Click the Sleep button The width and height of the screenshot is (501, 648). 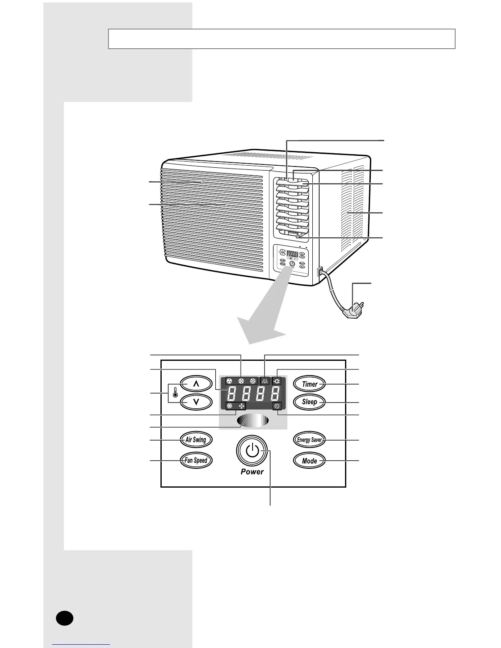point(309,402)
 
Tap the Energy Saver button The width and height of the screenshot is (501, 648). point(309,440)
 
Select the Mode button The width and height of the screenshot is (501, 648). point(309,461)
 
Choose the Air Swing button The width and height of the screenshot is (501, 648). point(196,440)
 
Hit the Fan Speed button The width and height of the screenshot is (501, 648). point(196,460)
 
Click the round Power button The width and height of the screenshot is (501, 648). point(252,451)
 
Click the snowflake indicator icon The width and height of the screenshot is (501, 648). point(230,406)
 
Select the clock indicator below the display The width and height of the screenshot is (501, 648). point(277,406)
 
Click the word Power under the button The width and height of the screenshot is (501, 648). point(252,472)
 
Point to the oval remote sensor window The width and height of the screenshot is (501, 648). point(252,421)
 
